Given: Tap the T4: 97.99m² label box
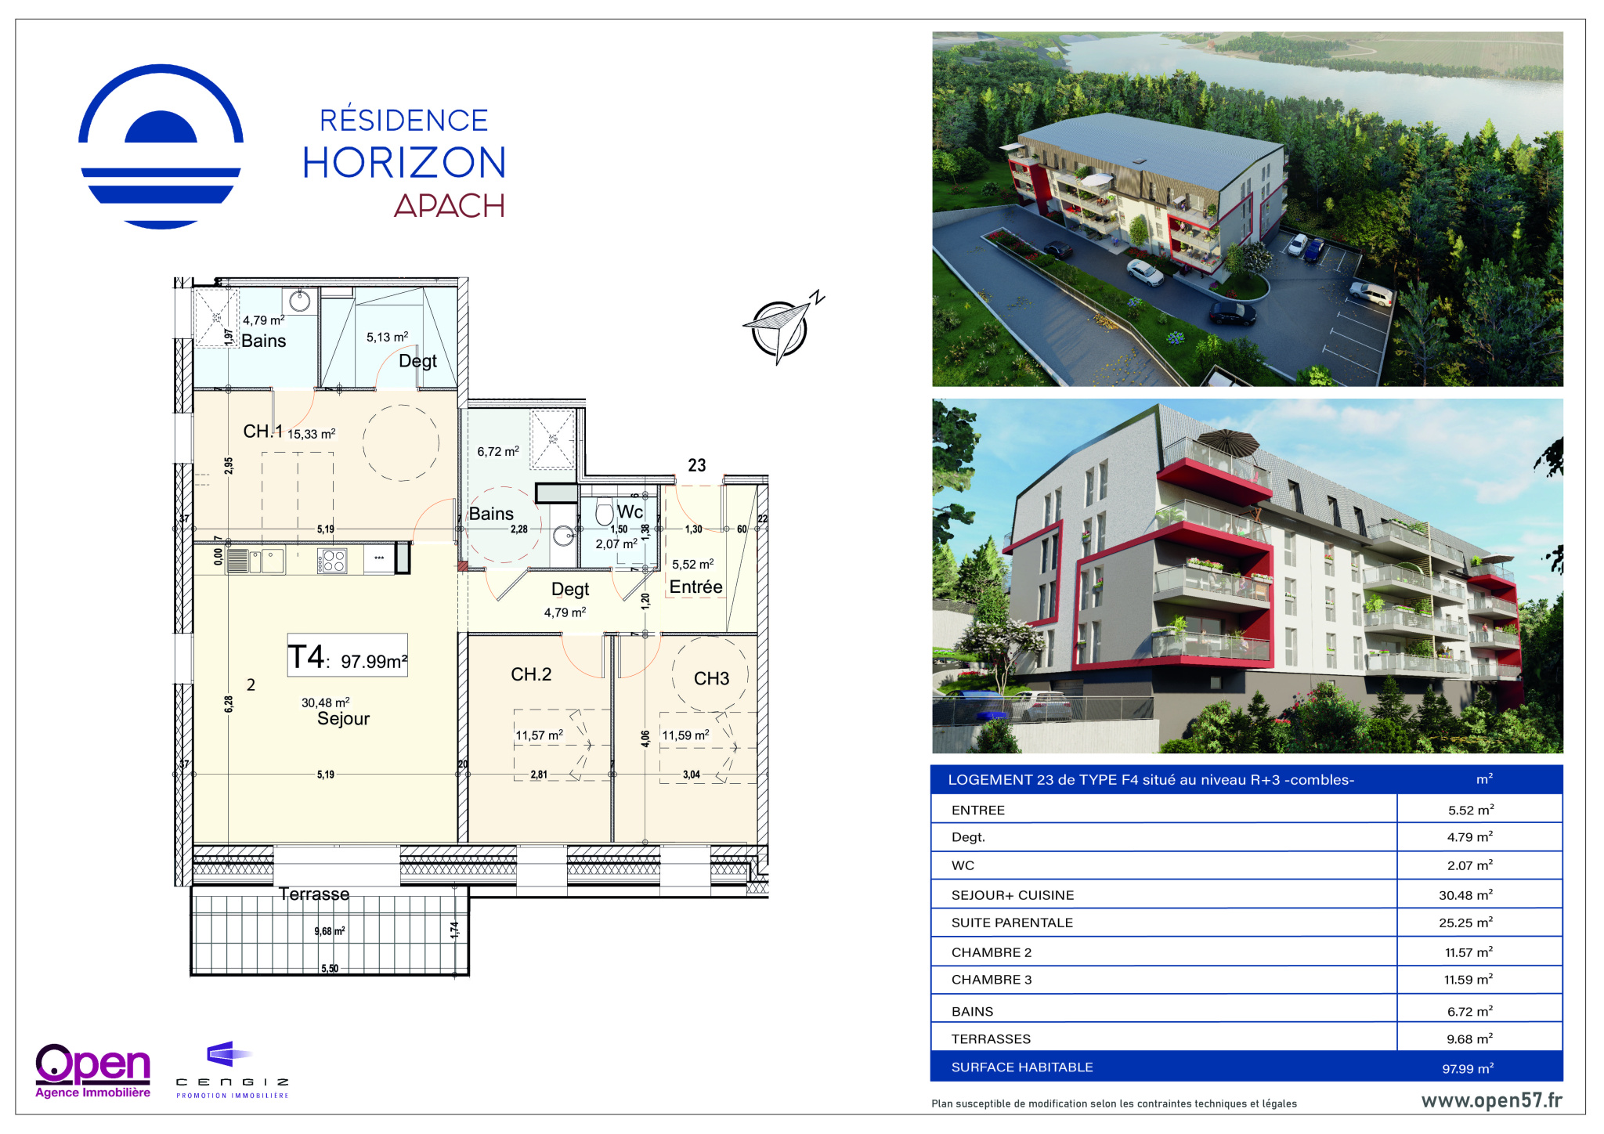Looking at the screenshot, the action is tap(348, 655).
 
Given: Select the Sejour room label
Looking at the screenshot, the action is tap(343, 719).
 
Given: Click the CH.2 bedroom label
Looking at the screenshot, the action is tap(531, 674).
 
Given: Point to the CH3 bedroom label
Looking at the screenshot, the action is tap(711, 678).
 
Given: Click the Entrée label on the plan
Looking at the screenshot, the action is tap(695, 587).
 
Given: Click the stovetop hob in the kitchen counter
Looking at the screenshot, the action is tap(333, 561).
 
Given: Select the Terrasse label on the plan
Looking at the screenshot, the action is tap(314, 894).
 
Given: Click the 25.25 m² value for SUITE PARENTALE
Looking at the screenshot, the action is tap(1465, 923).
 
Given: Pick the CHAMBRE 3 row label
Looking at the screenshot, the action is tap(992, 980).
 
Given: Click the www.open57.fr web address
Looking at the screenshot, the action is tap(1491, 1100).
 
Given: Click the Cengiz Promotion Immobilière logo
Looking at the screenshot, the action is tap(233, 1070).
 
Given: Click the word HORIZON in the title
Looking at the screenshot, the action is tap(404, 163).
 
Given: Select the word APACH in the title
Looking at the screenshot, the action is tap(450, 206).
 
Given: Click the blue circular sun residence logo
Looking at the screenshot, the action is tap(161, 146).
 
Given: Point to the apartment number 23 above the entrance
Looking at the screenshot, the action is tap(697, 465).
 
